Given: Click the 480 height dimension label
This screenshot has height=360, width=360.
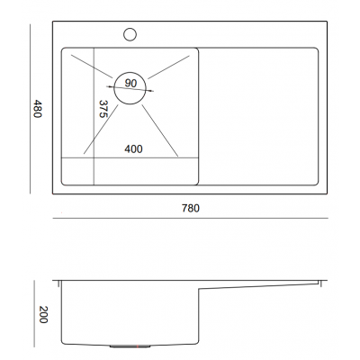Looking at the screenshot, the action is (x=37, y=109).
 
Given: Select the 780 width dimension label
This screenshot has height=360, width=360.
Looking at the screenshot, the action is (x=191, y=208).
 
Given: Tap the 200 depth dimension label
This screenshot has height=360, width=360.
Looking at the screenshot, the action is (x=43, y=314).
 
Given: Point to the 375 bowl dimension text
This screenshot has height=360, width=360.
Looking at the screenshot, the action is (x=103, y=109).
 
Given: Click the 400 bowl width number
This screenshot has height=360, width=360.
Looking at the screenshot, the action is (x=133, y=148).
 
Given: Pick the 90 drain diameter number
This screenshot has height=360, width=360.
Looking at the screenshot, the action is (x=130, y=83).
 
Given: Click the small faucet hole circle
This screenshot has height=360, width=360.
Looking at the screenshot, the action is (x=130, y=34).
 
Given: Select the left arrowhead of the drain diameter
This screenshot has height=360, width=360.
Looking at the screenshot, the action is (x=110, y=86).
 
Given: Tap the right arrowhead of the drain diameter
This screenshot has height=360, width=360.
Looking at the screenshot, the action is (x=150, y=91).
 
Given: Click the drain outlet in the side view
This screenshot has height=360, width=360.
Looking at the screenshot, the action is (x=130, y=346).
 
